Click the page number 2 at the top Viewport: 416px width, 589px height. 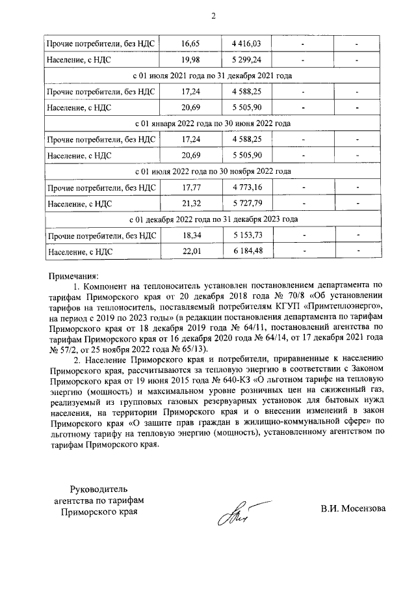212,15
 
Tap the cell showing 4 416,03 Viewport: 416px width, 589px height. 246,44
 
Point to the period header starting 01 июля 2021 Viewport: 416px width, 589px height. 212,76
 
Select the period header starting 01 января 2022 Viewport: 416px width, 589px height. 212,123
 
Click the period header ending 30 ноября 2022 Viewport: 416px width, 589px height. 212,172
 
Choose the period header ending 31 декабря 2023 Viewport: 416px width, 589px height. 212,219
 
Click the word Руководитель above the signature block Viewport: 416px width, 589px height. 97,488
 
